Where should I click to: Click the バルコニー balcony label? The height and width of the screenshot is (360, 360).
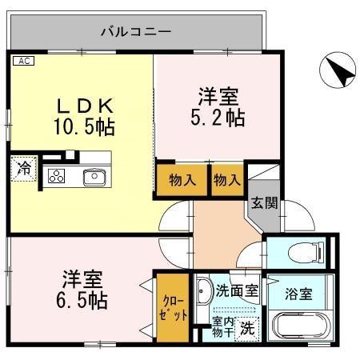click(135, 33)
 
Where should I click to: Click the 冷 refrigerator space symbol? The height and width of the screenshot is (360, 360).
click(24, 170)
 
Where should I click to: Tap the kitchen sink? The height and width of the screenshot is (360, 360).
click(94, 176)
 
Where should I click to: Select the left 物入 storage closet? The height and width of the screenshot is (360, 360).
click(182, 181)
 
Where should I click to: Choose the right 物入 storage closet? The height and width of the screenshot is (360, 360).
click(227, 181)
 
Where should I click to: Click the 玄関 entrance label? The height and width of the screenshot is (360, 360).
click(264, 203)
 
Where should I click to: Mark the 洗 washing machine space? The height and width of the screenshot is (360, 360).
click(248, 327)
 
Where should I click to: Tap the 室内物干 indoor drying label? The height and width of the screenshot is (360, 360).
click(221, 326)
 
